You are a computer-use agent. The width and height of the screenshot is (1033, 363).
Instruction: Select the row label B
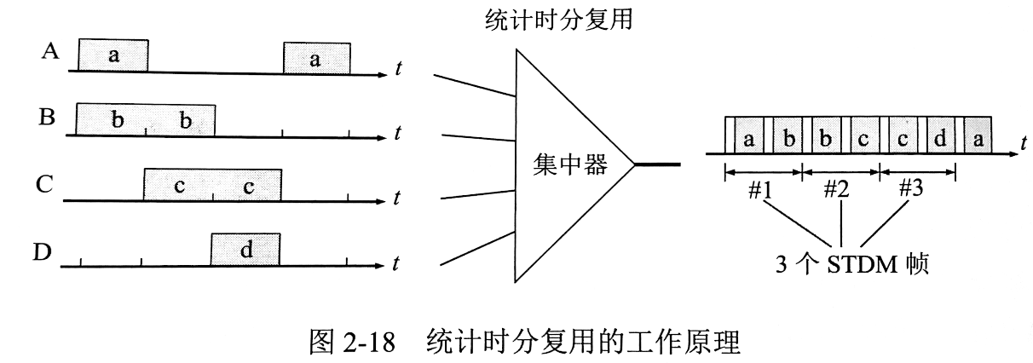pyautogui.click(x=49, y=117)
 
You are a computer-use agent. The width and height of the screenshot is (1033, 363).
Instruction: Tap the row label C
pyautogui.click(x=49, y=182)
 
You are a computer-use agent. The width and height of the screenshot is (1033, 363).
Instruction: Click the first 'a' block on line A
pyautogui.click(x=113, y=56)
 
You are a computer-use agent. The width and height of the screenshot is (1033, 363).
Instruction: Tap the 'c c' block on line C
pyautogui.click(x=212, y=185)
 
